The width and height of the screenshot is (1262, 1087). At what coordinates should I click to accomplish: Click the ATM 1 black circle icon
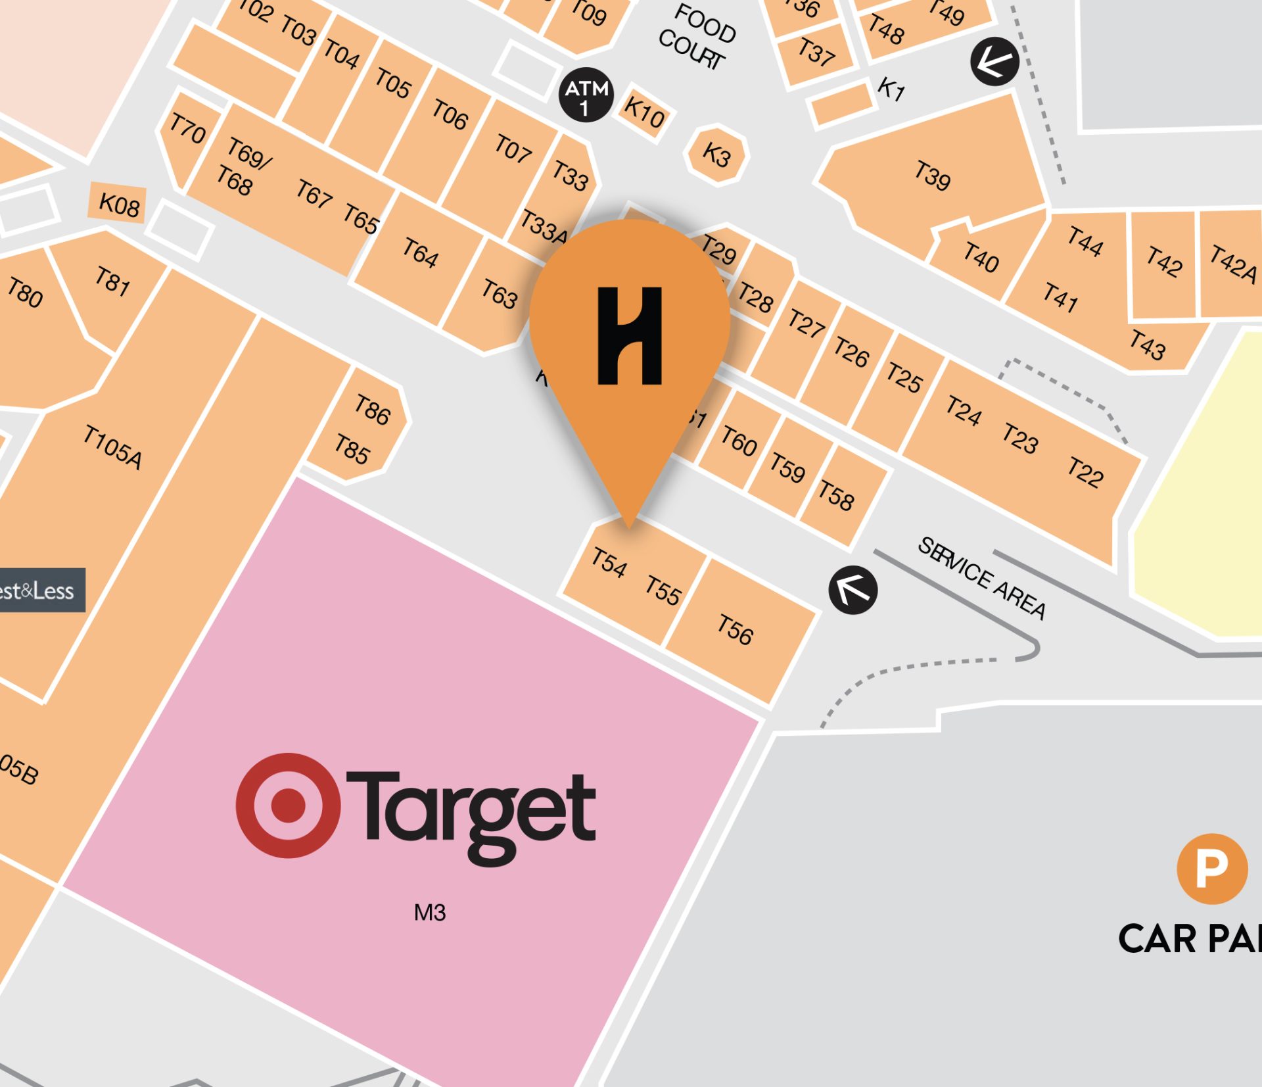(x=586, y=95)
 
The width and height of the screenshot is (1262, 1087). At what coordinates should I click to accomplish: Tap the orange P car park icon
(x=1211, y=869)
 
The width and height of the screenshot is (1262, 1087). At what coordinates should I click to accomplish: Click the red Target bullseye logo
(x=288, y=805)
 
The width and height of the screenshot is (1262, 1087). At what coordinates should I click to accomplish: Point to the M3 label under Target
(x=430, y=913)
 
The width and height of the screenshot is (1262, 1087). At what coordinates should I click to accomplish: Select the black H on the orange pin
(x=629, y=335)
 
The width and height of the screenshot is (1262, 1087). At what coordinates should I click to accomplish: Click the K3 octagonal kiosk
(x=716, y=155)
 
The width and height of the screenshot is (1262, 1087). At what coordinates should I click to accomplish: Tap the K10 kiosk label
(x=644, y=112)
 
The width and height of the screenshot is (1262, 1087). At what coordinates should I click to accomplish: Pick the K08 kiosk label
(x=119, y=205)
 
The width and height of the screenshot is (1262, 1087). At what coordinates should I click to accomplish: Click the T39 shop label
(x=932, y=175)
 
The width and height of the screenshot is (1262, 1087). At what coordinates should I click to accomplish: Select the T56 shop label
(x=735, y=630)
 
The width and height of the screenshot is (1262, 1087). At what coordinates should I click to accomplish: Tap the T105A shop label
(x=112, y=447)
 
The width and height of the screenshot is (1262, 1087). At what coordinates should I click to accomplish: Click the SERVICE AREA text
(x=981, y=578)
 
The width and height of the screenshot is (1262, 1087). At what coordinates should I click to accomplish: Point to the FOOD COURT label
(x=697, y=36)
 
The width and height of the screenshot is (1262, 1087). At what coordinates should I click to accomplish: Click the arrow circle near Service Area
(x=853, y=590)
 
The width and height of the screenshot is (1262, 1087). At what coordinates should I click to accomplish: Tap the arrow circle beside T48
(x=994, y=62)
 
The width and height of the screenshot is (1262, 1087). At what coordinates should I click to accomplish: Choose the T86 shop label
(x=373, y=409)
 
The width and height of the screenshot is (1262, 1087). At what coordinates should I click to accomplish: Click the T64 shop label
(x=420, y=253)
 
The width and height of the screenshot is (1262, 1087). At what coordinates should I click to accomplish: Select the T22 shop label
(x=1085, y=472)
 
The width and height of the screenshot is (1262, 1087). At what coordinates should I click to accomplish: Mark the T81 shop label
(x=112, y=281)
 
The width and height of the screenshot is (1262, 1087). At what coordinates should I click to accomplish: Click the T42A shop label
(x=1233, y=264)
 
